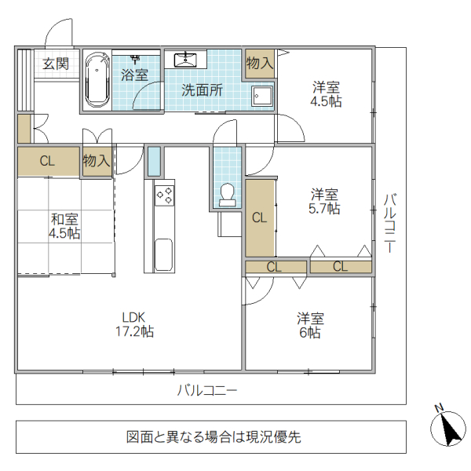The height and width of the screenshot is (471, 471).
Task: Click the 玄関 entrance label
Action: [x=56, y=64]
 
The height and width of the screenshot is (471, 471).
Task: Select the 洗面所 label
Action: [x=202, y=89]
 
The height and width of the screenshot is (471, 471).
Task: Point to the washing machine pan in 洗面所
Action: [x=261, y=95]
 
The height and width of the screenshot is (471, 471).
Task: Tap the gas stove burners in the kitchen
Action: [x=165, y=194]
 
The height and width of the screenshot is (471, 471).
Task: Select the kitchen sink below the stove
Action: [x=164, y=254]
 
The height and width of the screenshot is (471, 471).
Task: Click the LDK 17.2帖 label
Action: [x=134, y=324]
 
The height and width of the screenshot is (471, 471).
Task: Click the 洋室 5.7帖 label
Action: [x=324, y=202]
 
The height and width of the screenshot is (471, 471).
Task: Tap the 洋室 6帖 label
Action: [x=311, y=326]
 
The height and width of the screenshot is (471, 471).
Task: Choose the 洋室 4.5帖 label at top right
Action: [x=327, y=93]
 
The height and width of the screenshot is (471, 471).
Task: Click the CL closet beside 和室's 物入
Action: [x=48, y=162]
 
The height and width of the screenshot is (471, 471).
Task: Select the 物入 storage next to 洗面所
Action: [x=260, y=63]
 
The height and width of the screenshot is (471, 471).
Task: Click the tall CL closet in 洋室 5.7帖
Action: [x=260, y=218]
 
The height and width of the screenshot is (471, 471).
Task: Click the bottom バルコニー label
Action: [x=206, y=389]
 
